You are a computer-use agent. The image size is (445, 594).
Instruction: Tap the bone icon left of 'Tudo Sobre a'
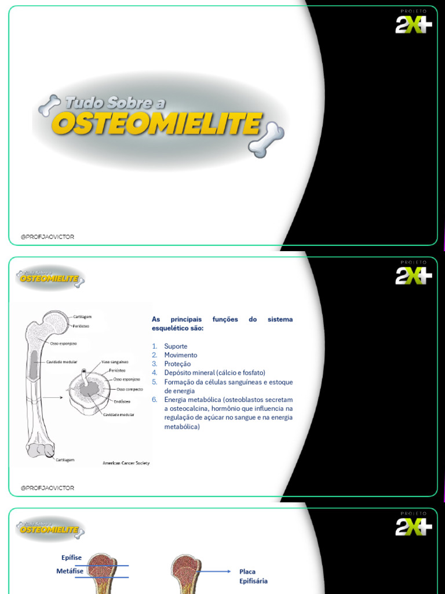coord(49,105)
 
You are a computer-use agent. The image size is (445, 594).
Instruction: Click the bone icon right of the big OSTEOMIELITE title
coord(267,140)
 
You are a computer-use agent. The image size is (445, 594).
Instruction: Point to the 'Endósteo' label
coord(122,401)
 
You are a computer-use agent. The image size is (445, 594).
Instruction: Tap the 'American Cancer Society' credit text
coord(126,463)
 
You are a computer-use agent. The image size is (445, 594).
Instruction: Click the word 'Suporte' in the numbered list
coord(176,346)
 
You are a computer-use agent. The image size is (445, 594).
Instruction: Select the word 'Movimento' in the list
coord(180,355)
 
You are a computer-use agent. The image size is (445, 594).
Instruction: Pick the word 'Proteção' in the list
coord(177,364)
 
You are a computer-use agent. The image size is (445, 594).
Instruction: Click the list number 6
coord(155,400)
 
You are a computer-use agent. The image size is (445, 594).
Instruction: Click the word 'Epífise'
coord(71,557)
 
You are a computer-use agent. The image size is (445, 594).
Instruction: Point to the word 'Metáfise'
coord(70,571)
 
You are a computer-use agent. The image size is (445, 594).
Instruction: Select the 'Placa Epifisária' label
coord(253,576)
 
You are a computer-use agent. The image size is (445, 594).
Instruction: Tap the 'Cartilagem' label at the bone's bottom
coord(65,459)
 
